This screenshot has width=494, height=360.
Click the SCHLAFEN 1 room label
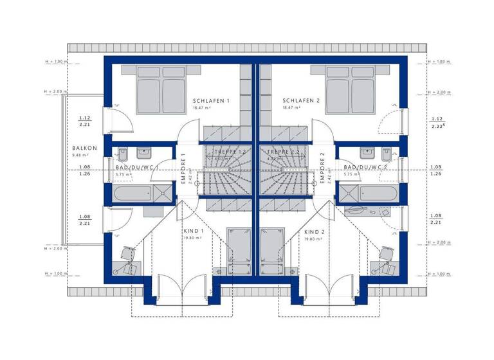click(x=211, y=101)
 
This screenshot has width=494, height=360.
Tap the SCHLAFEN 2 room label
click(x=301, y=101)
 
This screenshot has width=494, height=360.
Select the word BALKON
click(x=82, y=148)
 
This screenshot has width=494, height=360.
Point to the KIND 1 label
click(x=194, y=231)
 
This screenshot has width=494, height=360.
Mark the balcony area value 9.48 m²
click(x=80, y=155)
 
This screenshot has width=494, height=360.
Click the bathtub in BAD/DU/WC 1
click(x=132, y=194)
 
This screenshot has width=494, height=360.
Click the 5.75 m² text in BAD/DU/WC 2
click(x=351, y=174)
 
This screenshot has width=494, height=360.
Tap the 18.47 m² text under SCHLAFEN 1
click(x=201, y=108)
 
